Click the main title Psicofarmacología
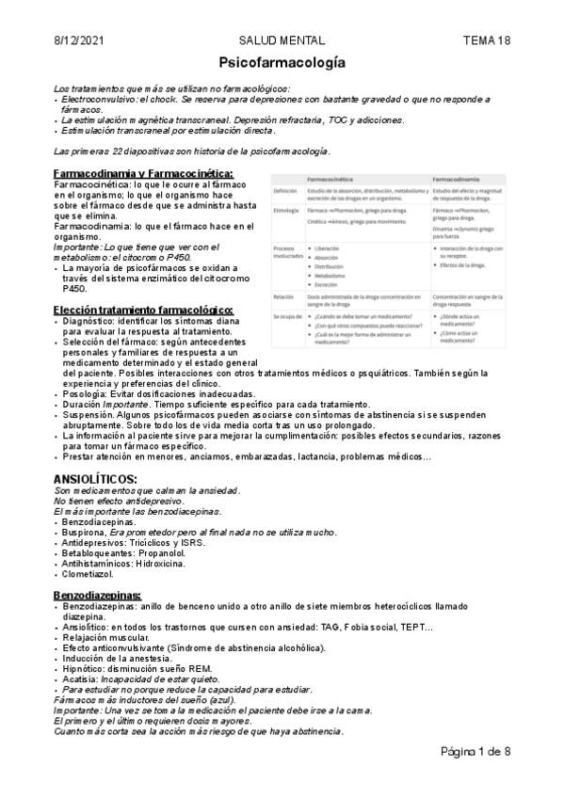(x=282, y=63)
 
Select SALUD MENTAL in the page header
(x=282, y=40)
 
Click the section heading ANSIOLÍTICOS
(x=96, y=479)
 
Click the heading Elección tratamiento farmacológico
(x=143, y=311)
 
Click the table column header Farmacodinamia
(x=459, y=179)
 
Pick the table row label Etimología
(x=285, y=211)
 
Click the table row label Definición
(x=284, y=191)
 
